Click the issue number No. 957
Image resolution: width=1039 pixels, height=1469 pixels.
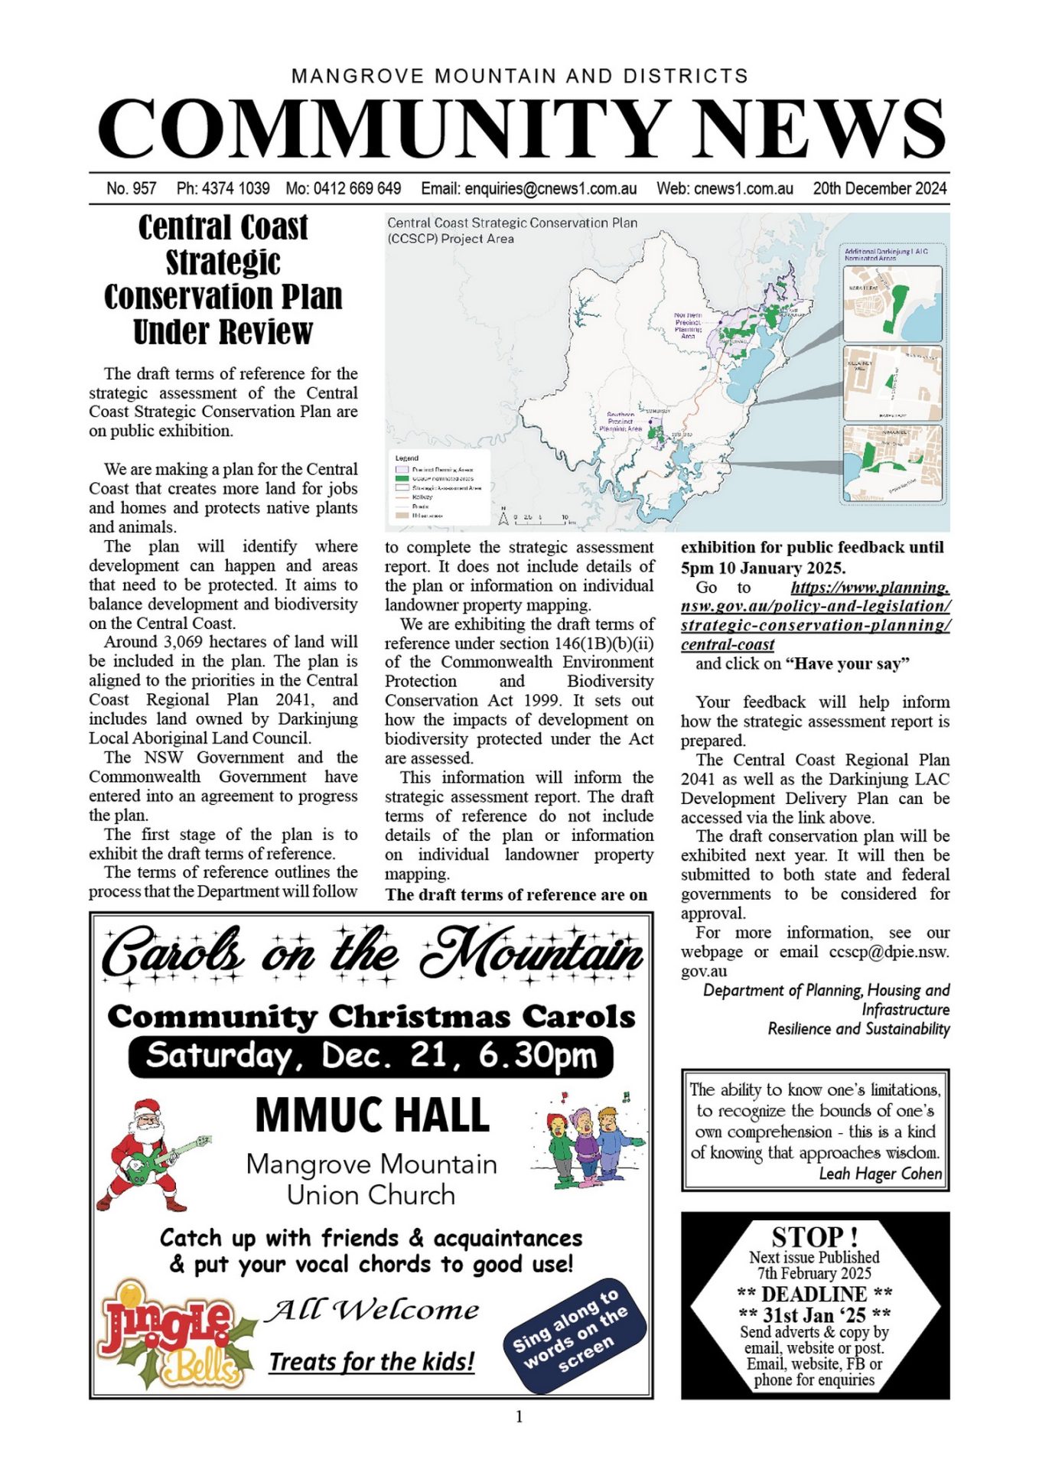pos(132,188)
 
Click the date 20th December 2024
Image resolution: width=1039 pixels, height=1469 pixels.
pos(879,188)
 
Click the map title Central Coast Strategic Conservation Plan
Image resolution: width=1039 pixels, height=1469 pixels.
pos(512,223)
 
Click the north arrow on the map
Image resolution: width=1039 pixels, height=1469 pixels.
pos(503,518)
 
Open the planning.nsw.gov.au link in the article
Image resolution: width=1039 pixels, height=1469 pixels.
pos(816,616)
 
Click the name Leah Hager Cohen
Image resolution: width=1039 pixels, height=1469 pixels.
pos(880,1173)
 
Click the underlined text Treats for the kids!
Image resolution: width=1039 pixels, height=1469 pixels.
pos(372,1361)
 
